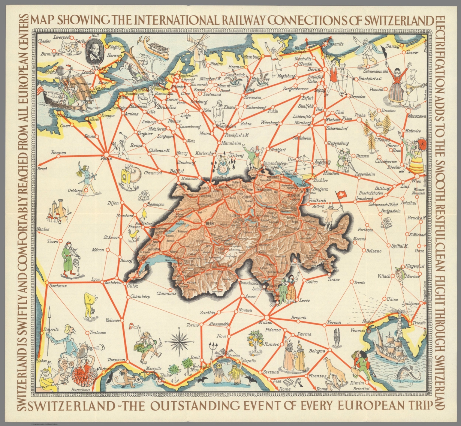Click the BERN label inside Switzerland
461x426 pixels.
209,224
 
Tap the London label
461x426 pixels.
88,72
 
